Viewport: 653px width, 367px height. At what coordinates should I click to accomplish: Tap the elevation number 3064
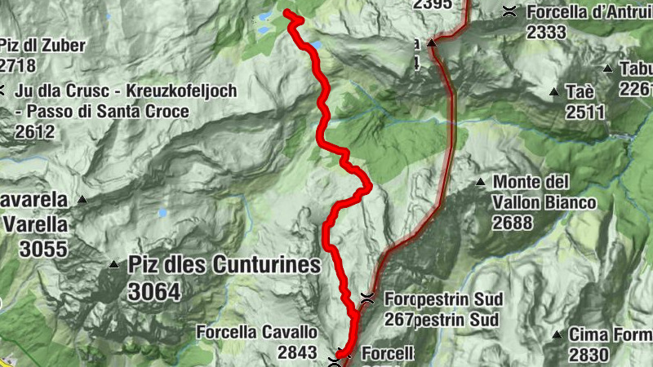(154, 290)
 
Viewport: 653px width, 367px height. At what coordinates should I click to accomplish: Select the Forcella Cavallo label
(256, 332)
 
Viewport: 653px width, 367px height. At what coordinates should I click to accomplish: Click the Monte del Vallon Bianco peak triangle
(482, 182)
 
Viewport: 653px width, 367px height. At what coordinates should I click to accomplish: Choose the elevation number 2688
(513, 222)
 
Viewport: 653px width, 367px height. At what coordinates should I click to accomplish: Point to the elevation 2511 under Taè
(585, 112)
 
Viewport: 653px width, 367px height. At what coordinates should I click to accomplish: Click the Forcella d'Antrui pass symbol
(509, 11)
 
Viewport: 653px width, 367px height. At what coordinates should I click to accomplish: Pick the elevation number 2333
(546, 32)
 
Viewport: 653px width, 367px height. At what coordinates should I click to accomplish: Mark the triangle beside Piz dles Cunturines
(113, 264)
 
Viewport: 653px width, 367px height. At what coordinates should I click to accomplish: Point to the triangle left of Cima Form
(556, 334)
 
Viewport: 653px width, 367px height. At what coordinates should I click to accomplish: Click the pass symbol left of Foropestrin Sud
(367, 297)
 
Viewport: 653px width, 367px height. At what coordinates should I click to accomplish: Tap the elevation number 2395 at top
(433, 4)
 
